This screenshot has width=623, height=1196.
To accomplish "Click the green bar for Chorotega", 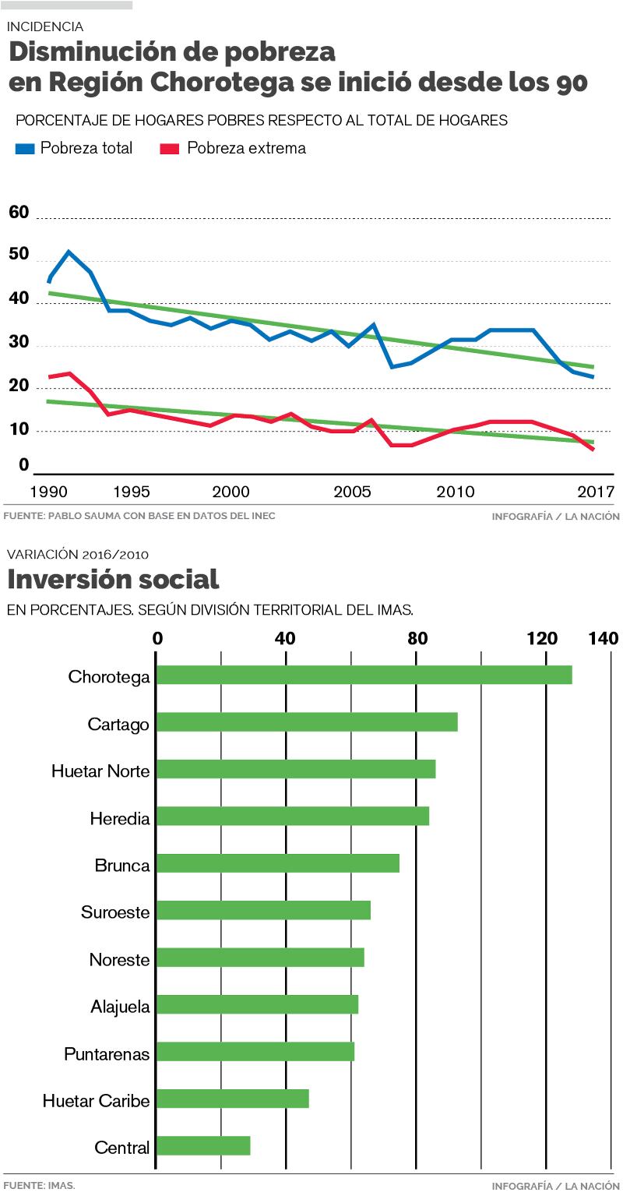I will pyautogui.click(x=364, y=675).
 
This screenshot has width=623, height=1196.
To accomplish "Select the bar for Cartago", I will pyautogui.click(x=307, y=722).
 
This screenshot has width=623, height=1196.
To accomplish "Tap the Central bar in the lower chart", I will pyautogui.click(x=203, y=1145).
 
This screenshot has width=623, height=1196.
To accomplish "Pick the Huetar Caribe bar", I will pyautogui.click(x=233, y=1099).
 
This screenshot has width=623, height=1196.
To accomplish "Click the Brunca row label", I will pyautogui.click(x=121, y=865).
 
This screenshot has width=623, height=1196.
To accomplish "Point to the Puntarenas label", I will pyautogui.click(x=107, y=1054).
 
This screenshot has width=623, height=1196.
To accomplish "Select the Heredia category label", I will pyautogui.click(x=119, y=818).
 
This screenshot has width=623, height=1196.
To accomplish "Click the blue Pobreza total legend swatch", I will pyautogui.click(x=25, y=148).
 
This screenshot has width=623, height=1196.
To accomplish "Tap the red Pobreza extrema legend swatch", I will pyautogui.click(x=170, y=148).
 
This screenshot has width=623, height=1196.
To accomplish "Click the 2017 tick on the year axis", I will pyautogui.click(x=597, y=492).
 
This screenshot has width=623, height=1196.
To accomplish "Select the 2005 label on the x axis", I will pyautogui.click(x=352, y=492).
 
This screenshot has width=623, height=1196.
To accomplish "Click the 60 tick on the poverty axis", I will pyautogui.click(x=19, y=213).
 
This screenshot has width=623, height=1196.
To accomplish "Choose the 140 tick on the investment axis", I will pyautogui.click(x=604, y=639).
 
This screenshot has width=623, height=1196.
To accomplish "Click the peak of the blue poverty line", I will pyautogui.click(x=69, y=252).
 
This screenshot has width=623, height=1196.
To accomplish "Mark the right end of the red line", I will pyautogui.click(x=593, y=449).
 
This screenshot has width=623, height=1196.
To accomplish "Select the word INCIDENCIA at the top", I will pyautogui.click(x=45, y=26).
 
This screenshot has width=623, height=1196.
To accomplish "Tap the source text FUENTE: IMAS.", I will pyautogui.click(x=39, y=1185).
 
